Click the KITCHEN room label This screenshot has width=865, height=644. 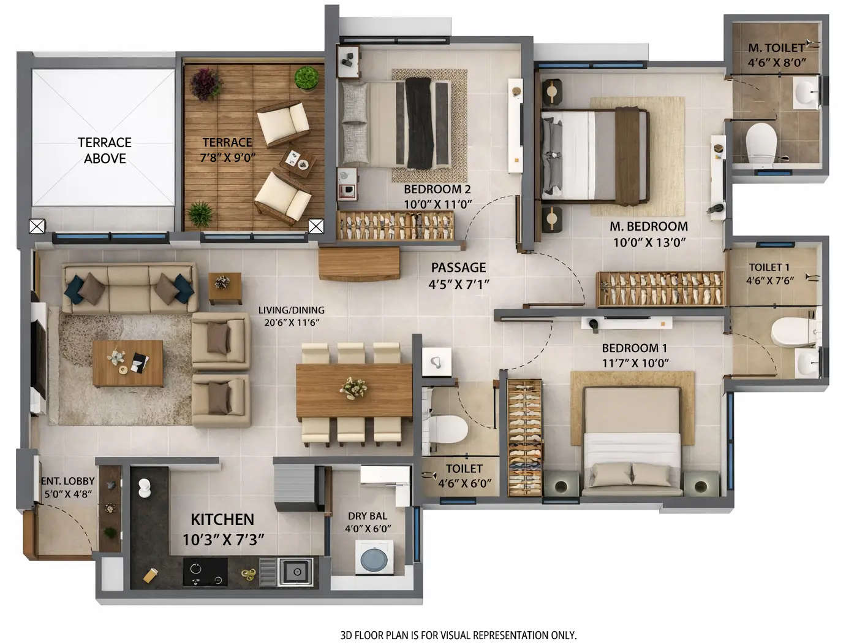click(222, 519)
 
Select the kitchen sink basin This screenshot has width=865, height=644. click(297, 572)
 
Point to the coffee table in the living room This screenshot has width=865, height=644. click(128, 363)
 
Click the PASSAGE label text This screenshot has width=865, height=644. click(458, 267)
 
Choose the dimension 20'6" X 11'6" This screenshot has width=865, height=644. click(292, 322)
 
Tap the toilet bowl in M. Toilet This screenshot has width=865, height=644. click(761, 142)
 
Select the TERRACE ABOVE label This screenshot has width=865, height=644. click(105, 150)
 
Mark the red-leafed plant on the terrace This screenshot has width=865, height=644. click(206, 82)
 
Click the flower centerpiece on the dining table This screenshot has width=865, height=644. click(353, 388)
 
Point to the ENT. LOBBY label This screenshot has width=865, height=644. click(67, 481)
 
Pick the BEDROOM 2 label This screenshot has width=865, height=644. click(437, 190)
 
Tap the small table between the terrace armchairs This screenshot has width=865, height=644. click(298, 160)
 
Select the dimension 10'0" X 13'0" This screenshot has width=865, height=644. click(649, 242)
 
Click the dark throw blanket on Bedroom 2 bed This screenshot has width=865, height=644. click(419, 123)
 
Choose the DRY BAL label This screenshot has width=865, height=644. click(368, 516)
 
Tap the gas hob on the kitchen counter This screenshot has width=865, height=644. click(205, 573)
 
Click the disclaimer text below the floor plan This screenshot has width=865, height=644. click(458, 635)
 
